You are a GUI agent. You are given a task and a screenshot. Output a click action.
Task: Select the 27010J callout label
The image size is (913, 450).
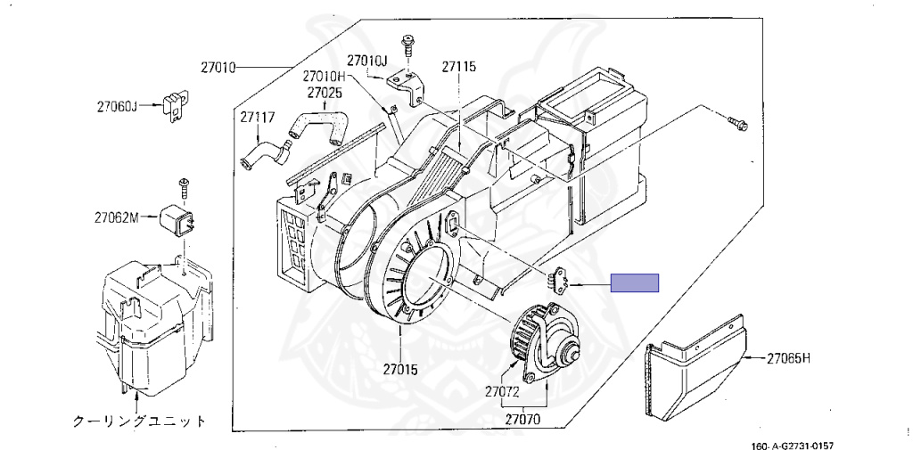(x=367, y=61)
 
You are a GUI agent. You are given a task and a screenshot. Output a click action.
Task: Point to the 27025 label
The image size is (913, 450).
(x=325, y=92)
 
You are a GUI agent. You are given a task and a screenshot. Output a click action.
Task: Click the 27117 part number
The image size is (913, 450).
(x=256, y=116)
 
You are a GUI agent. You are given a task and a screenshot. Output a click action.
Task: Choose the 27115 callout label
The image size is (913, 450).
(x=458, y=66)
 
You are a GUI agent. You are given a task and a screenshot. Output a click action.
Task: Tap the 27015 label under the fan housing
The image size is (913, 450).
(x=401, y=367)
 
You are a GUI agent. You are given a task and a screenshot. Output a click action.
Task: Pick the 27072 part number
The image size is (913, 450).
(x=503, y=391)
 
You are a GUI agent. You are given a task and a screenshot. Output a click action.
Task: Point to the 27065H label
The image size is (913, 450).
(x=788, y=358)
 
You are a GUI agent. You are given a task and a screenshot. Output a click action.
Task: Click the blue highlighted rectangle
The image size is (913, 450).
(x=634, y=284)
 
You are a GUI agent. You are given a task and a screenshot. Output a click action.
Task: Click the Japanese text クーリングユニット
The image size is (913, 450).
(x=139, y=421)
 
